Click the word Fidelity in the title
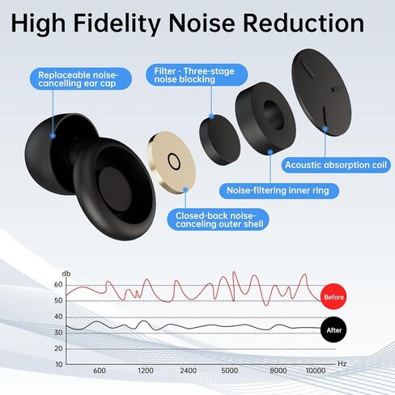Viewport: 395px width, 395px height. (117, 23)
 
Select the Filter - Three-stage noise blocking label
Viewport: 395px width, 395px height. (197, 74)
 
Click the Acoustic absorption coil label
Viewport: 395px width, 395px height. (336, 165)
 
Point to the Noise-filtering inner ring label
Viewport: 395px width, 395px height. (278, 191)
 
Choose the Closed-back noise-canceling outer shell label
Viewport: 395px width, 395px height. (219, 219)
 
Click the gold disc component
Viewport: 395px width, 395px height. (172, 162)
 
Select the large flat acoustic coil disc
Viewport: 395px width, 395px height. (321, 91)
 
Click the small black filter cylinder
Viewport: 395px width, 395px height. (220, 139)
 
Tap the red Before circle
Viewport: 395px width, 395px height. (333, 297)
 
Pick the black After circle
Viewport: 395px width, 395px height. (333, 329)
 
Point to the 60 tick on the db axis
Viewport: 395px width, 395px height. (58, 285)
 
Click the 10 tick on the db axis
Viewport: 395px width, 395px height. (59, 364)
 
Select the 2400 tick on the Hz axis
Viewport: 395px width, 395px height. (189, 371)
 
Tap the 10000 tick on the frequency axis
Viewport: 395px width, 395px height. (316, 371)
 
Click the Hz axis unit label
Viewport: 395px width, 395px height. (342, 363)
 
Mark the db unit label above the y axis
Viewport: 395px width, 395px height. (66, 274)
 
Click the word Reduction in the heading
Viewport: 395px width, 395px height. (304, 23)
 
